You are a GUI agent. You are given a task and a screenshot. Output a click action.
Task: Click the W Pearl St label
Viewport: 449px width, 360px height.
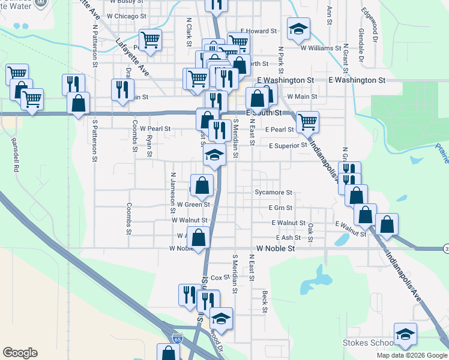tap(155, 128)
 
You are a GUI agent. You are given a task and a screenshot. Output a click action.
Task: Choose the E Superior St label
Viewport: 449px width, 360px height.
tap(288, 145)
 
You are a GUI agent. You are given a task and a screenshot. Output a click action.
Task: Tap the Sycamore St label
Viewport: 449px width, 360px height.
tap(273, 193)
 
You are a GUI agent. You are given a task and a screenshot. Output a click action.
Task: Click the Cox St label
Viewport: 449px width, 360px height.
tap(217, 278)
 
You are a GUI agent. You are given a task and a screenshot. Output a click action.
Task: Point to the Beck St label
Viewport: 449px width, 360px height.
tap(264, 302)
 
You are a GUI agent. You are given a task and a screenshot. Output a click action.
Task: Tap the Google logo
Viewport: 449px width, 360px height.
tap(20, 352)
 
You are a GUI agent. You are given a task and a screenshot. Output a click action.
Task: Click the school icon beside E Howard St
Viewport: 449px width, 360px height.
tap(298, 30)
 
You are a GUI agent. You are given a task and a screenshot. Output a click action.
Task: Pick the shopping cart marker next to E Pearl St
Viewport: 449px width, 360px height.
tap(307, 122)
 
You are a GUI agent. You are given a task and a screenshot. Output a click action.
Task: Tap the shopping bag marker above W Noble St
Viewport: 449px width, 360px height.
tap(199, 238)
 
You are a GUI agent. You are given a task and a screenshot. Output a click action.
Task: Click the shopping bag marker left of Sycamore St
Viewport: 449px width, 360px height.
tap(202, 185)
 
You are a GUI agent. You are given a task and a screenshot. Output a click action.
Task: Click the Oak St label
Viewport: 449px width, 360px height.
tap(310, 230)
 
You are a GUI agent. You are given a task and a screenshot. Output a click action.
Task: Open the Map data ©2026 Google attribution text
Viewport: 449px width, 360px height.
tap(411, 355)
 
